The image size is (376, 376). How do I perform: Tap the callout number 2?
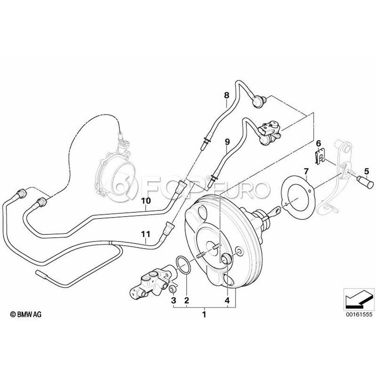187,300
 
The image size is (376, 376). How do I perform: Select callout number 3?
173,300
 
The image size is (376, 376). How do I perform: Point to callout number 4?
227,300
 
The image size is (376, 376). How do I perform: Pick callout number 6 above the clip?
318,143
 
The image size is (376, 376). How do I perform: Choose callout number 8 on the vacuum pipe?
226,95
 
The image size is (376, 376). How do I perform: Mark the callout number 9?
227,142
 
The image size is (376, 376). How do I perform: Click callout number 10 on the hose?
145,201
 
